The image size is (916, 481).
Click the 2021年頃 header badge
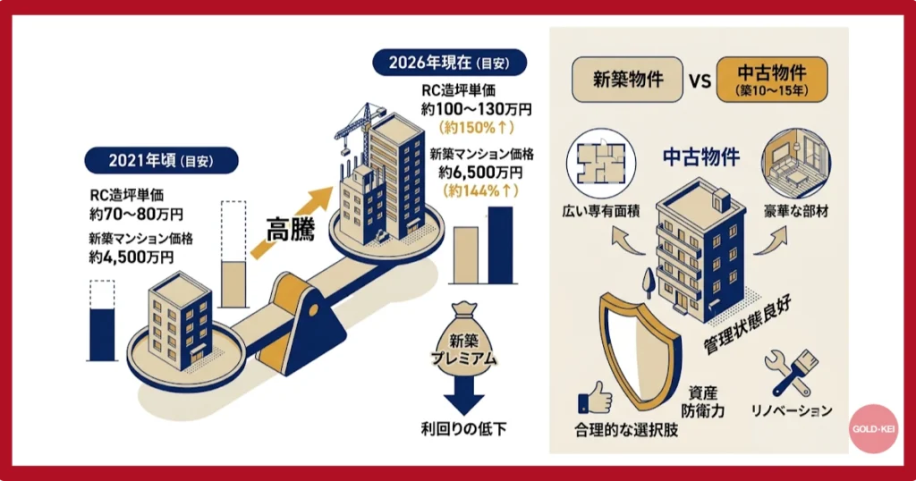(x=161, y=161)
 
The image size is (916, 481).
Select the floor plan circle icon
(x=597, y=165)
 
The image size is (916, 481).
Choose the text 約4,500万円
(x=131, y=257)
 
